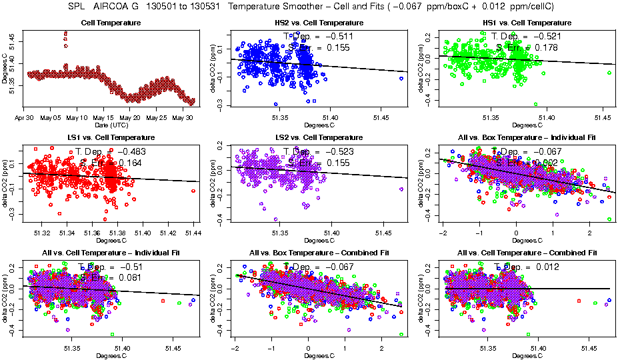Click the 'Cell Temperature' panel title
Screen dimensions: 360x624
coord(111,23)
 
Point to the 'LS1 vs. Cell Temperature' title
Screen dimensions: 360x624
coord(111,137)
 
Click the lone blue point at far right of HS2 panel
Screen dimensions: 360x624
coord(401,78)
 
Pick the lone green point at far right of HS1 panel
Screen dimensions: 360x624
coord(609,73)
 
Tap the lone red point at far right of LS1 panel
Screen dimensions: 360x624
coord(193,191)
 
